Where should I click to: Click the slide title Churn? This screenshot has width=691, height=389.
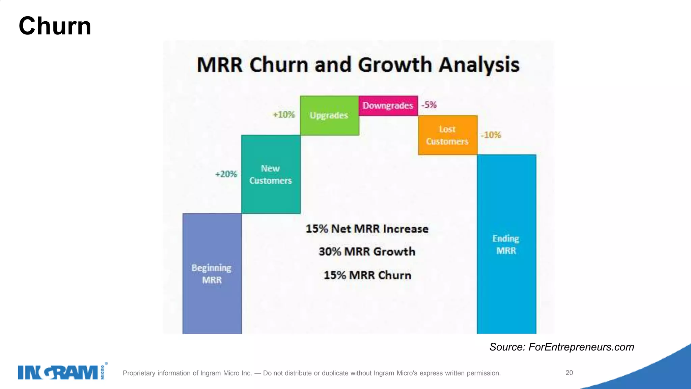[x=55, y=26]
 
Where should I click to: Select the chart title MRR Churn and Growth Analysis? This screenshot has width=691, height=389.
[x=358, y=64]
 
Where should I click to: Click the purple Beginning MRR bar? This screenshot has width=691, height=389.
[x=212, y=274]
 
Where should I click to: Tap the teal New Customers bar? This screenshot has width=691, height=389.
[x=271, y=174]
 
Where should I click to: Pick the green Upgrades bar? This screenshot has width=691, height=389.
[x=329, y=115]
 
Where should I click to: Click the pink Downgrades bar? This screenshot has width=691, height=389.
[x=388, y=106]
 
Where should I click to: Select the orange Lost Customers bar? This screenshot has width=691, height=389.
[x=447, y=135]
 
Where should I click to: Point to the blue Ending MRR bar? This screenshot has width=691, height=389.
[x=506, y=244]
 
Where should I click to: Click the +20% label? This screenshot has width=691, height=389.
[x=226, y=174]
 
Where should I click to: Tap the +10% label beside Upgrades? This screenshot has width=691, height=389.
[x=284, y=115]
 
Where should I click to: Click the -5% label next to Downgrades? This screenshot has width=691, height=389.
[x=429, y=105]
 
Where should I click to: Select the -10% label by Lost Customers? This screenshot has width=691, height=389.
[x=491, y=135]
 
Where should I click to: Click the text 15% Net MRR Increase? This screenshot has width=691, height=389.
[x=367, y=229]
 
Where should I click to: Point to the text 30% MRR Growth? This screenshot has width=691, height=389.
[x=367, y=252]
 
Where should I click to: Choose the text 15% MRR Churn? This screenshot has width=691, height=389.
[x=367, y=275]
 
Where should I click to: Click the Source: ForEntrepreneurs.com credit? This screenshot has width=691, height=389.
[x=561, y=347]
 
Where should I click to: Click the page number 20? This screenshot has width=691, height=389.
[x=569, y=373]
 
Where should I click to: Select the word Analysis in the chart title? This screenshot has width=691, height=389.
[x=479, y=64]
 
